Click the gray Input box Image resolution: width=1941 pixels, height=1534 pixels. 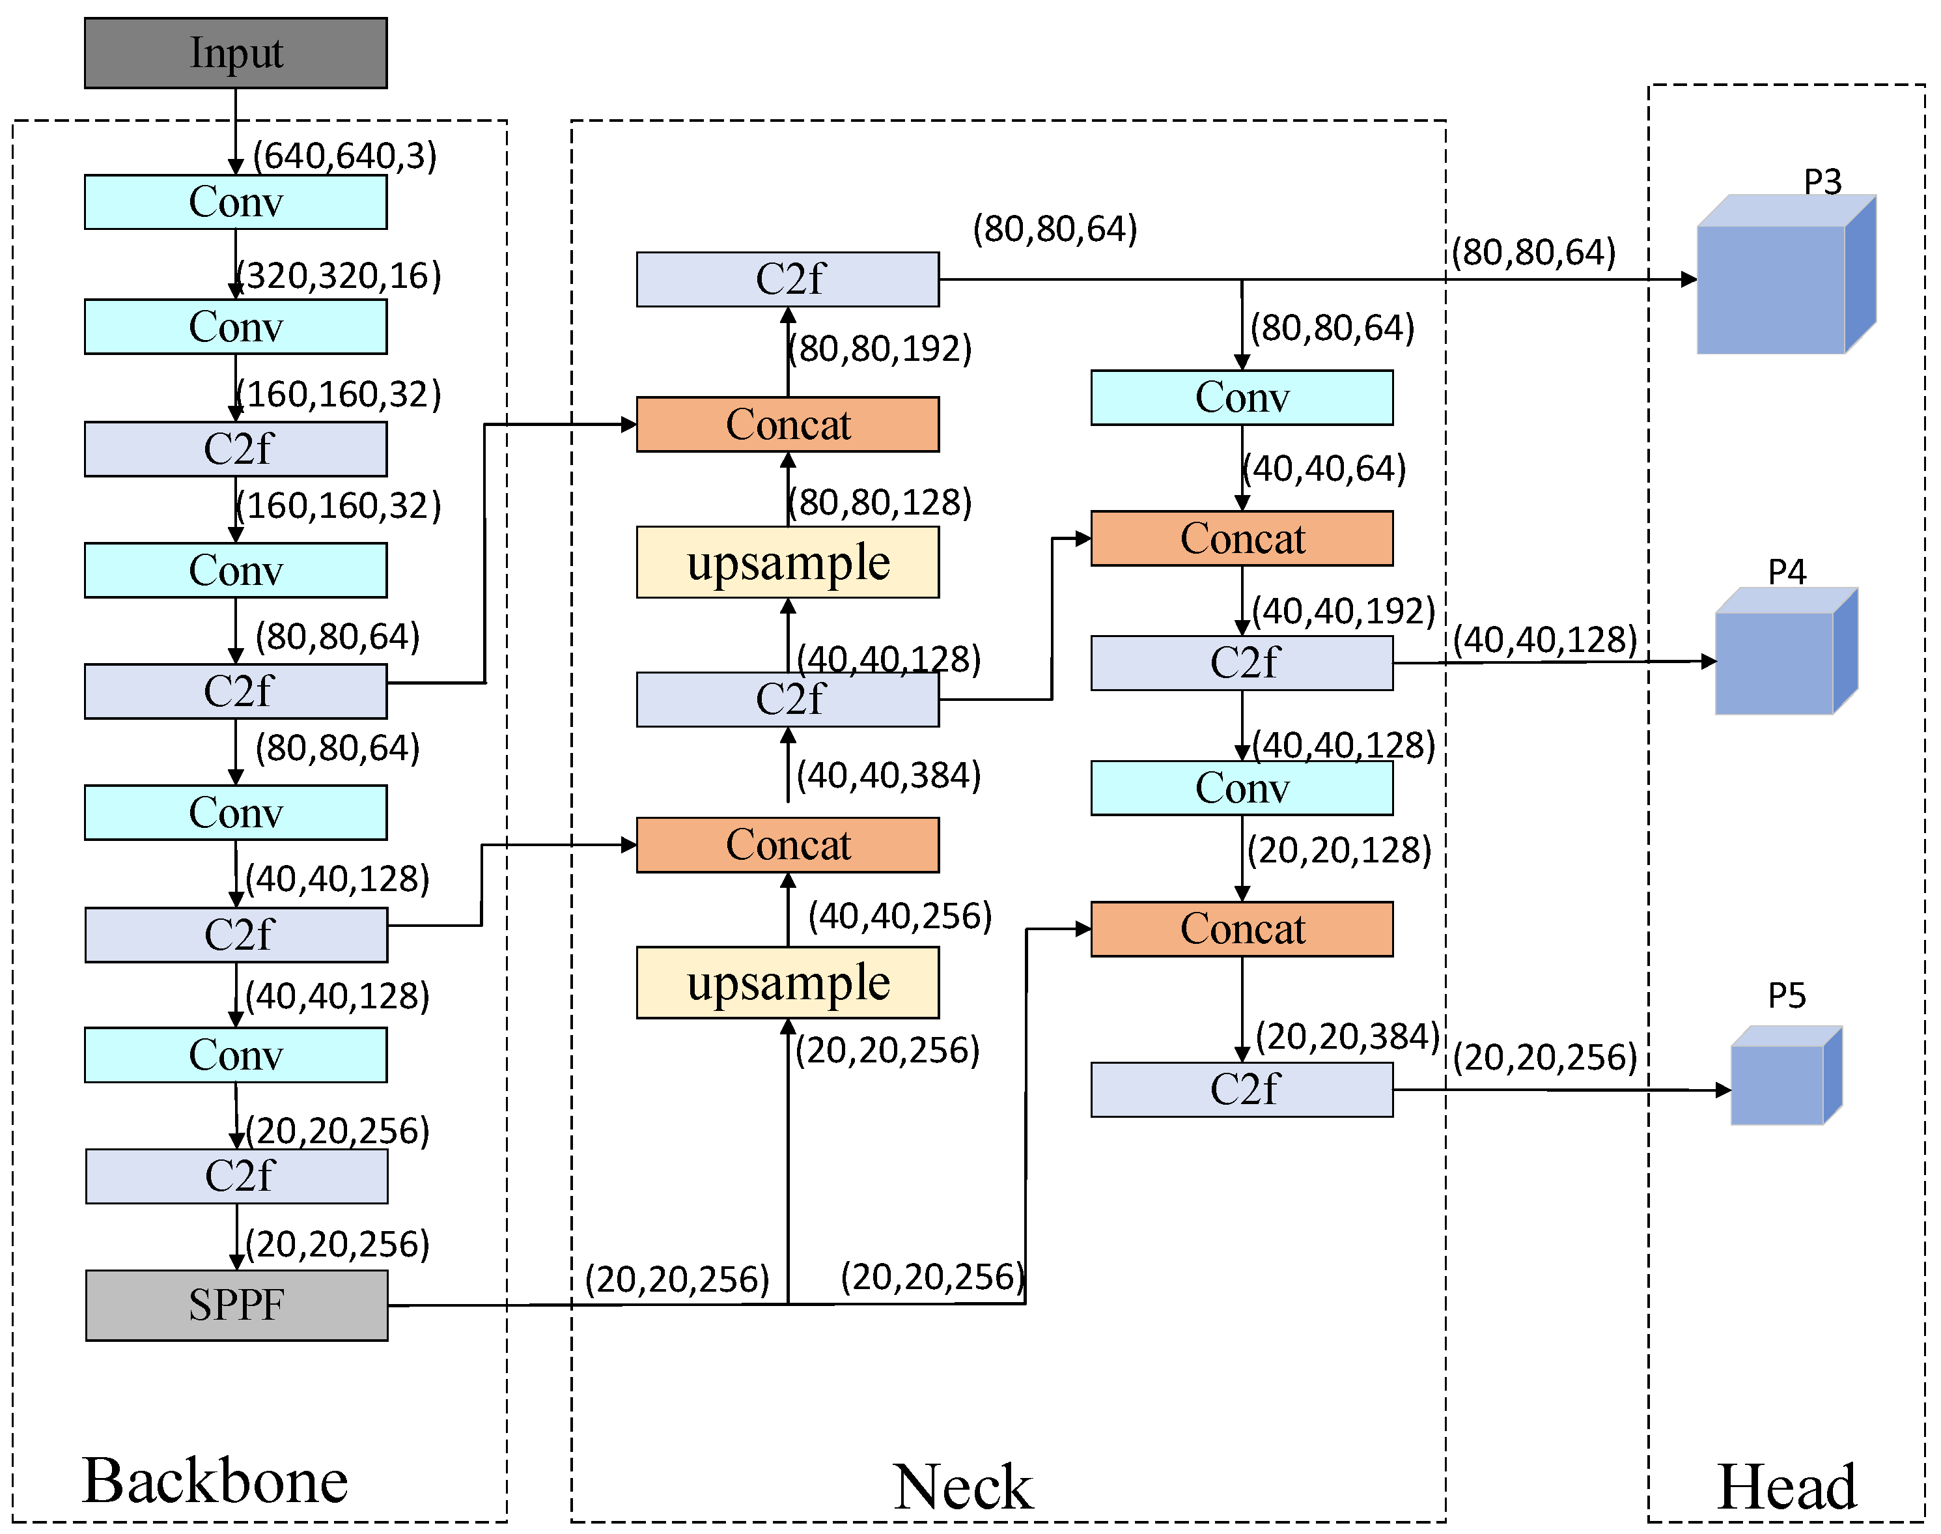coord(235,53)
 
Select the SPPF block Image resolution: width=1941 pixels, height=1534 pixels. coord(236,1305)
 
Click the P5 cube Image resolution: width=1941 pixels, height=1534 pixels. coord(1781,1081)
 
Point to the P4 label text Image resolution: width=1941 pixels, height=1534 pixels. coord(1787,572)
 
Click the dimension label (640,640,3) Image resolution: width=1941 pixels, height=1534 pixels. coord(344,156)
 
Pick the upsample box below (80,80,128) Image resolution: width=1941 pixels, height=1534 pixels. coord(787,562)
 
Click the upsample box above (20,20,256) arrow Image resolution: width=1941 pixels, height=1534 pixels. coord(787,982)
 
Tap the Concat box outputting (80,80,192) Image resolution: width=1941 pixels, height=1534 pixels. coord(787,424)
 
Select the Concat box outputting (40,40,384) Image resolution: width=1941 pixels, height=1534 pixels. coord(787,844)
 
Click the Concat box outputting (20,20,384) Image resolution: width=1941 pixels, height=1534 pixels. coord(1242,929)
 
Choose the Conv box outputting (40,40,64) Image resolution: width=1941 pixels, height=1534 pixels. coord(1242,397)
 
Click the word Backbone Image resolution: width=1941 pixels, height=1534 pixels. coord(215,1480)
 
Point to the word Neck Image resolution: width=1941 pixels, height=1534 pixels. coord(962,1486)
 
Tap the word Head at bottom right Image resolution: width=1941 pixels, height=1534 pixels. coord(1787,1486)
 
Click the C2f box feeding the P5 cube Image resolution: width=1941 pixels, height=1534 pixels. coord(1242,1089)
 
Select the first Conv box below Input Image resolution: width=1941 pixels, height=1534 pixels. coord(235,202)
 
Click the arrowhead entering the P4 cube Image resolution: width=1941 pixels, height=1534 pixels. coord(1709,662)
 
